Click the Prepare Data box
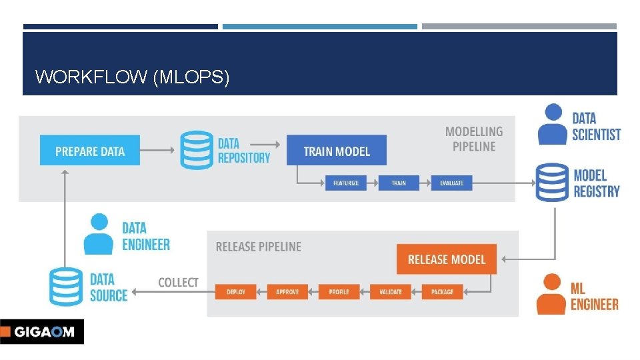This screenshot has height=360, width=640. tap(89, 151)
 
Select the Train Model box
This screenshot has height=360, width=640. tap(336, 151)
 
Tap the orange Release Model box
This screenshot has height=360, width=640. tap(446, 259)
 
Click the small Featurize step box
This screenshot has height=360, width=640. tap(345, 183)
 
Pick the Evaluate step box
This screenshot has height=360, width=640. tap(451, 183)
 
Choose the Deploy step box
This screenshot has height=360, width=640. tap(236, 292)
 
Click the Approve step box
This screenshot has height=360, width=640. tap(287, 292)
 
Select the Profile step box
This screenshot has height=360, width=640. tap(339, 292)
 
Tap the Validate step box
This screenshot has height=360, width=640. tap(391, 292)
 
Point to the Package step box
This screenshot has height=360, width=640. tap(442, 292)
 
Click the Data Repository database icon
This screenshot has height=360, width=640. tap(196, 150)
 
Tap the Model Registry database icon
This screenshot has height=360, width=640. tap(552, 182)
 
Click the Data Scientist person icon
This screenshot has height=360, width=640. tap(553, 125)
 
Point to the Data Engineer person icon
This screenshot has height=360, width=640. tap(99, 234)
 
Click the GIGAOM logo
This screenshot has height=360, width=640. tap(41, 331)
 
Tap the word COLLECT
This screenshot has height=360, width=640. tap(178, 283)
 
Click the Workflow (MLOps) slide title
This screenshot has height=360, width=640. tap(132, 77)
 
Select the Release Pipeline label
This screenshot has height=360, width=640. tap(258, 247)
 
